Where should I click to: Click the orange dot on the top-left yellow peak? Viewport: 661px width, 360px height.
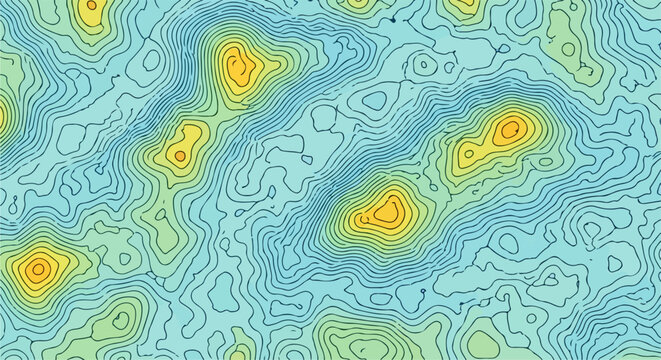point(91,5)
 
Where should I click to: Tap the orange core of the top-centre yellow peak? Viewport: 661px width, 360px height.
point(238,69)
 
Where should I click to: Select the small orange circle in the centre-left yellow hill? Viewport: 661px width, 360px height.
point(180,155)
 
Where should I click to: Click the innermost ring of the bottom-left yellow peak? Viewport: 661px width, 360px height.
point(38,267)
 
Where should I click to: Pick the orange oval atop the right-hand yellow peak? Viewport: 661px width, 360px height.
point(511,128)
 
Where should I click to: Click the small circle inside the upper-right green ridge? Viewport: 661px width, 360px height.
point(568,47)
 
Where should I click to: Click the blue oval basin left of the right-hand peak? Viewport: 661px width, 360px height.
point(377,100)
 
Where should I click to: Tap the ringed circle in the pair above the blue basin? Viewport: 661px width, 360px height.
point(425,66)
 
